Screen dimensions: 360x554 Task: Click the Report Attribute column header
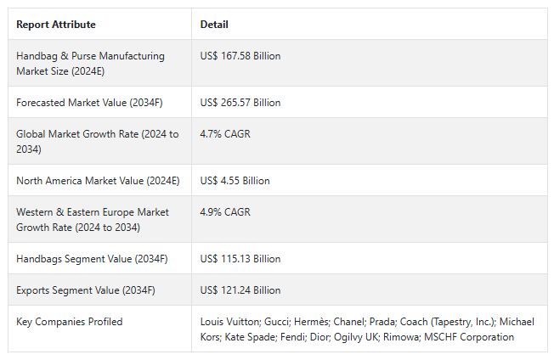pos(56,25)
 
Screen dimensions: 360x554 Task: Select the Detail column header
pos(214,25)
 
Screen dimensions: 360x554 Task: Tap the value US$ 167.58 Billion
pos(240,56)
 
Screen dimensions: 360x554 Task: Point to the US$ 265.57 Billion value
pos(240,103)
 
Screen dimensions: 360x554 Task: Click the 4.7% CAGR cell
pos(225,134)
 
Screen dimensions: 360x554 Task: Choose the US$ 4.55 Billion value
pos(235,181)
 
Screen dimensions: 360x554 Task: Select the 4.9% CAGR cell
pos(225,212)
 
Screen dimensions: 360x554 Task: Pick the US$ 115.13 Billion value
pos(240,259)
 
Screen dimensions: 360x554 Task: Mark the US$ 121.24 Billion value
pos(240,290)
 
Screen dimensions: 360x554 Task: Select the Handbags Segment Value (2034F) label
pos(89,259)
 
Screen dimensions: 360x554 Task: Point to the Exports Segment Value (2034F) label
pos(86,290)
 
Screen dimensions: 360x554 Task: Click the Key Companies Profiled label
pos(70,322)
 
